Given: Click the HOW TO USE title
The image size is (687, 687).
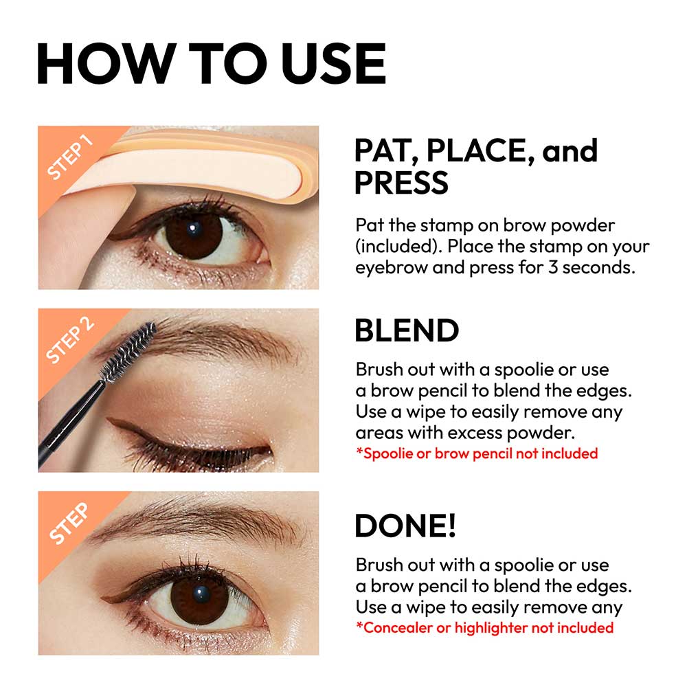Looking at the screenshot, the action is [x=212, y=63].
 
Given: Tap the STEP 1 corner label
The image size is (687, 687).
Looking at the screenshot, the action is [x=69, y=157].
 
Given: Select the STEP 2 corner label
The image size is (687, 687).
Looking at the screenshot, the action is [x=69, y=339].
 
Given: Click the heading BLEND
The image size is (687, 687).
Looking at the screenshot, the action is [x=407, y=330].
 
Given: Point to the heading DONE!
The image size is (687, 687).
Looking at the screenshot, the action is [x=405, y=526].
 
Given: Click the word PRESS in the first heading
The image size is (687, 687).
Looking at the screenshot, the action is [x=401, y=183].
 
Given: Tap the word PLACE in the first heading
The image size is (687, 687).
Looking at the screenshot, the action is [x=480, y=151].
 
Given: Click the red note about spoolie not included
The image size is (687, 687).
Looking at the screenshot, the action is [x=477, y=453].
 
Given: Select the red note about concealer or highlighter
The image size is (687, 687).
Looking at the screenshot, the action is [x=484, y=627].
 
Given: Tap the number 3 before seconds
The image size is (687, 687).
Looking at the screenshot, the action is [x=553, y=267].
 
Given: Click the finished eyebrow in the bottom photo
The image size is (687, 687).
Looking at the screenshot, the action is [x=197, y=521].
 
